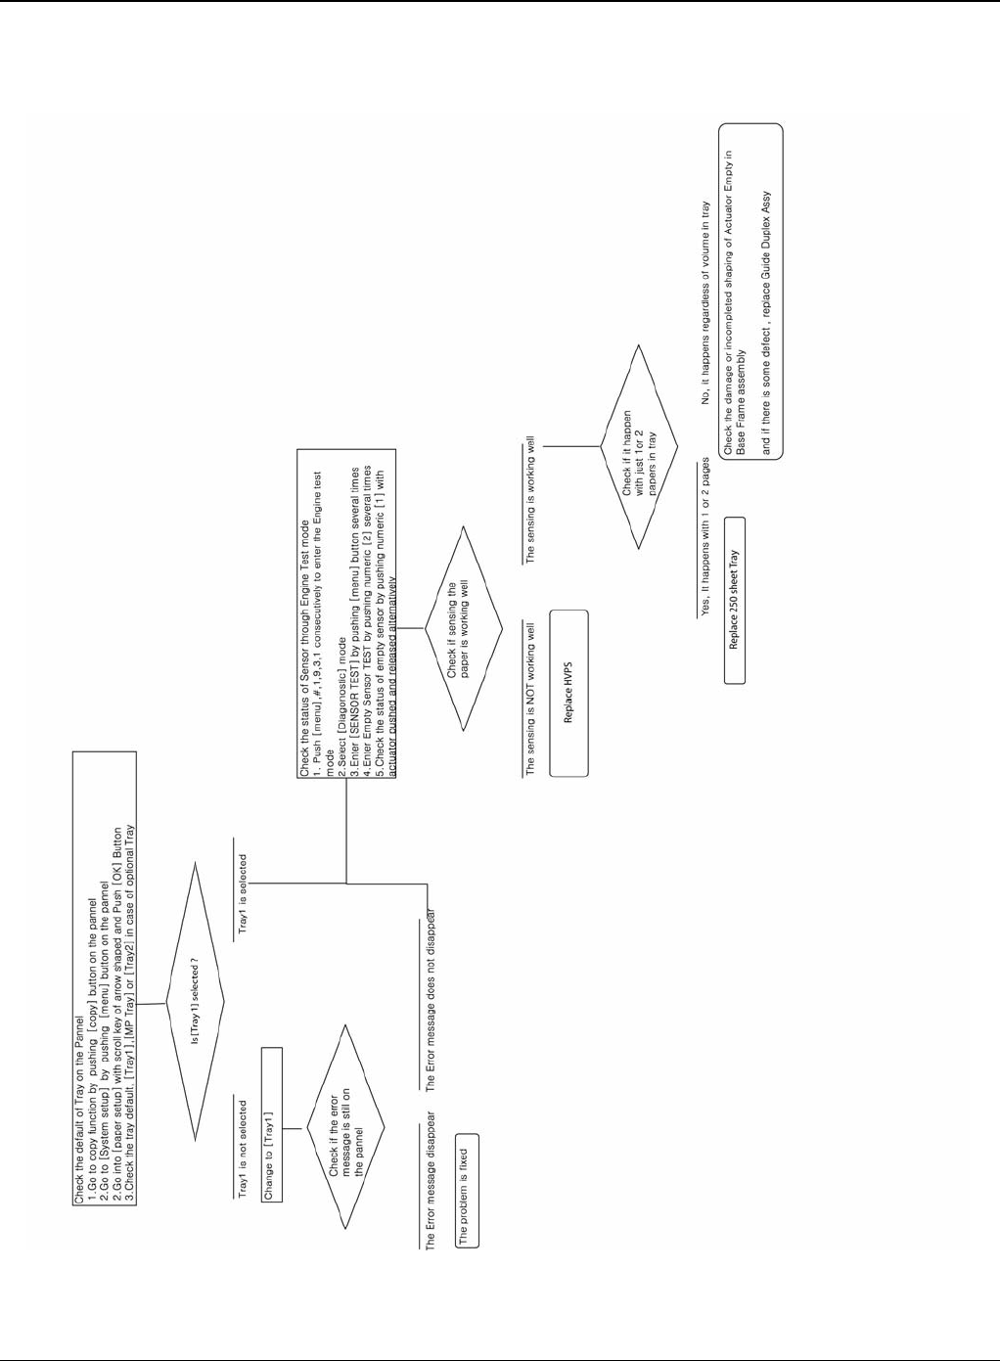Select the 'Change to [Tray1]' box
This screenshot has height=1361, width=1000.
coord(271,1124)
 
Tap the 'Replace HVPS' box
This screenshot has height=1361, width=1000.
coord(568,693)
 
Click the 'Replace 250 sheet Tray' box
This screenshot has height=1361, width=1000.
coord(734,600)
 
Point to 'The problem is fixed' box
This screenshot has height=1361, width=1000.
coord(467,1188)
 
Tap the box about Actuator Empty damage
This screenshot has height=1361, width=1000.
coord(751,292)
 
